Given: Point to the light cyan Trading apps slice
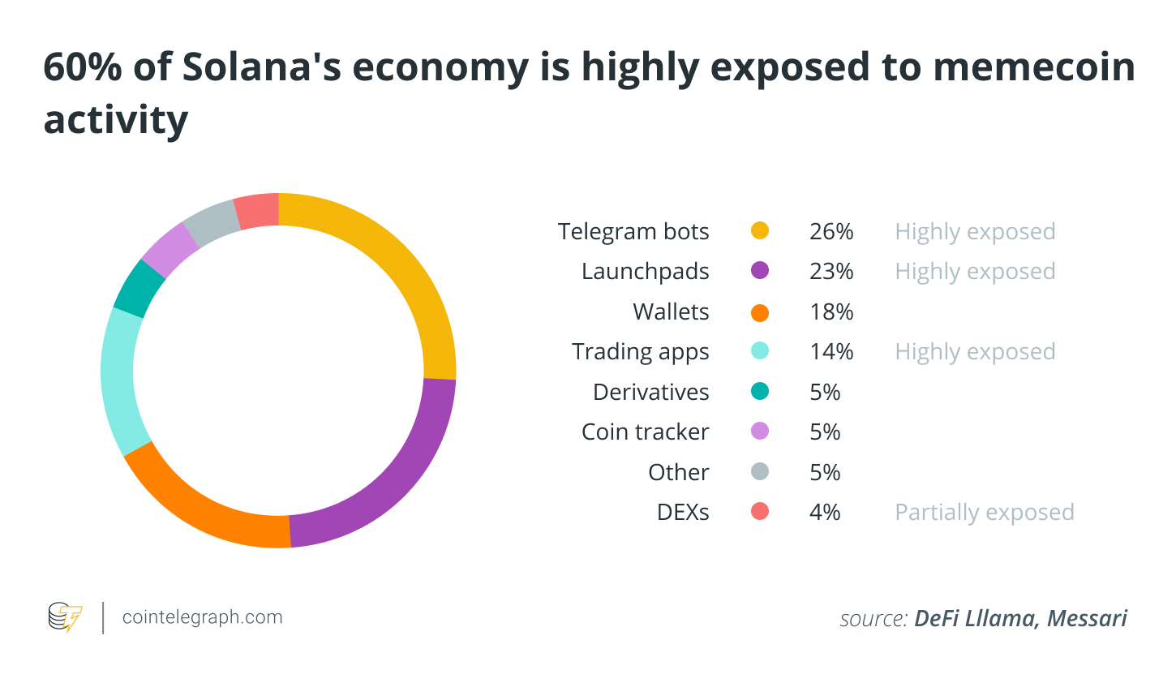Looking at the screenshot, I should click(x=118, y=381).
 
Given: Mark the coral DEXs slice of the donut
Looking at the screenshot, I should click(x=256, y=211).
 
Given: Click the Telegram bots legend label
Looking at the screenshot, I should click(x=633, y=232).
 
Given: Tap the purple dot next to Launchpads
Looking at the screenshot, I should click(x=760, y=271).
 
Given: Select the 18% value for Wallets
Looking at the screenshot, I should click(x=831, y=311).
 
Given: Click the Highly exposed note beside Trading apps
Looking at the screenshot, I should click(x=975, y=352).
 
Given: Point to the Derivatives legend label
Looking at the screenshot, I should click(x=650, y=392).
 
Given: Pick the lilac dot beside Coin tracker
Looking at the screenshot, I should click(x=760, y=432).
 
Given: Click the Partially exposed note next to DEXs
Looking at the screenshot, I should click(x=984, y=513).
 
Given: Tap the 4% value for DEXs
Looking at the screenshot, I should click(x=825, y=513).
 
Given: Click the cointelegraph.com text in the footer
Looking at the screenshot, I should click(x=202, y=617).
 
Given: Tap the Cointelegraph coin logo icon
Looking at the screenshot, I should click(x=65, y=617).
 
